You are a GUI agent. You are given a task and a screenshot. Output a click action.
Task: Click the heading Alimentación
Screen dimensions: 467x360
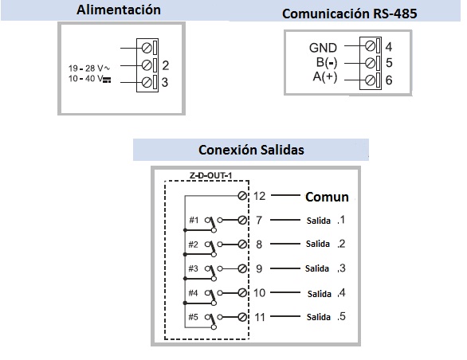119,10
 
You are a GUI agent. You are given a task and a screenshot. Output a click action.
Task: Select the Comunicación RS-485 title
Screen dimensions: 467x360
349,14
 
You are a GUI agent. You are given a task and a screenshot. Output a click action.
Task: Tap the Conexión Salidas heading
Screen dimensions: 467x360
251,150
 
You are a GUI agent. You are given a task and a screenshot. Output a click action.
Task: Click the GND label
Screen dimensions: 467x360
323,48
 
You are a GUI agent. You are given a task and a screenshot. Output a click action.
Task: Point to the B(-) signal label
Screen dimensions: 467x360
327,63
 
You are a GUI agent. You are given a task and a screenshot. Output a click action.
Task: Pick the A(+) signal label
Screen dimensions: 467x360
325,76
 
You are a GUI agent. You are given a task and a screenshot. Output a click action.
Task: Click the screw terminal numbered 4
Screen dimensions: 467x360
370,46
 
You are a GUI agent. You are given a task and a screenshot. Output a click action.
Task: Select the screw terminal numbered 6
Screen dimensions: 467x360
370,80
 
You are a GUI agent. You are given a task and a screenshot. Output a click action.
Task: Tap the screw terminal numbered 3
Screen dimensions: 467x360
147,83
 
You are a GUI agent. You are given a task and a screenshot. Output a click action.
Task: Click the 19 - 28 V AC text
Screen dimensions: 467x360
89,68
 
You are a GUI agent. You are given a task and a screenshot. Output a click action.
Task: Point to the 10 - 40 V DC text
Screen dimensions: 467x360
89,79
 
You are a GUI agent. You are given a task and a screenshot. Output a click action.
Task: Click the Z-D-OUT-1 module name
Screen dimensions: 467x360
210,175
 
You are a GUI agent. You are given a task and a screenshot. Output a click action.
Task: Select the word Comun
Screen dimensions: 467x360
327,197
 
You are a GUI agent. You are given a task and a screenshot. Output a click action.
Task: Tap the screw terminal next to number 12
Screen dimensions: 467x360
242,196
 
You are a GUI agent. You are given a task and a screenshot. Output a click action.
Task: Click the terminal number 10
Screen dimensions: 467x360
259,293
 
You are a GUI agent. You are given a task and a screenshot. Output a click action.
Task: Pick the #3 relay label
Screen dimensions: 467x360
193,268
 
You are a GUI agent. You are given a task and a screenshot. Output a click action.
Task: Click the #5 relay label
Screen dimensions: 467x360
193,317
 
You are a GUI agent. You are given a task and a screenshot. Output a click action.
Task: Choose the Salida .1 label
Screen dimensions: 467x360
326,220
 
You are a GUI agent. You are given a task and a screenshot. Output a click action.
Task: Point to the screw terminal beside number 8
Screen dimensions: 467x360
242,245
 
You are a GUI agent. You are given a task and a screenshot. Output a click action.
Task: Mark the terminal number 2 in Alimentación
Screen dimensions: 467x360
166,65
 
